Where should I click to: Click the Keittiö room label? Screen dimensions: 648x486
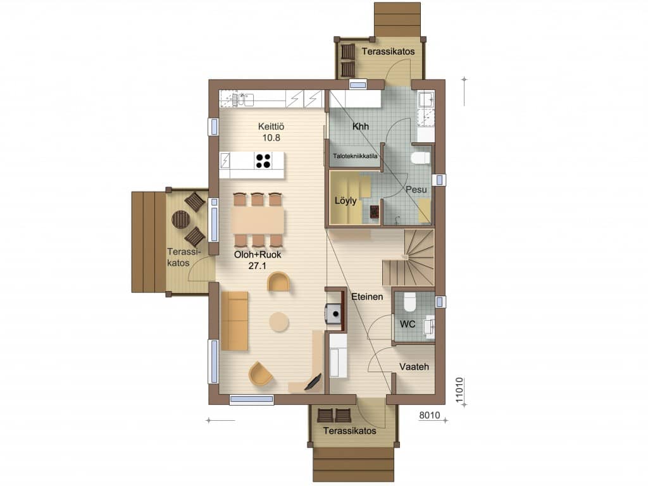pyautogui.click(x=271, y=127)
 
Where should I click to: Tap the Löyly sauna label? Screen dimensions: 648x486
pyautogui.click(x=346, y=201)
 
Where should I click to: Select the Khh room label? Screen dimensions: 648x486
pyautogui.click(x=360, y=127)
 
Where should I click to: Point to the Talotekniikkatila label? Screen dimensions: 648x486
pyautogui.click(x=355, y=156)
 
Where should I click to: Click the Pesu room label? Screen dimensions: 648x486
pyautogui.click(x=416, y=190)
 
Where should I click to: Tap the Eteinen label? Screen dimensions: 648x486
pyautogui.click(x=367, y=297)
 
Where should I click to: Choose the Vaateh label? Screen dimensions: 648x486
pyautogui.click(x=414, y=366)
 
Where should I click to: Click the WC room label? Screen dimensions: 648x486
pyautogui.click(x=408, y=325)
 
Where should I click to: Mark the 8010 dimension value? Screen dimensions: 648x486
pyautogui.click(x=430, y=415)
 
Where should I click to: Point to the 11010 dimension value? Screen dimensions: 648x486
pyautogui.click(x=459, y=390)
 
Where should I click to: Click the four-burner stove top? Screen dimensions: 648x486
pyautogui.click(x=263, y=161)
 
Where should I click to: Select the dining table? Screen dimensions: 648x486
pyautogui.click(x=258, y=220)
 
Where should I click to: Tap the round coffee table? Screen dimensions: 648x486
pyautogui.click(x=279, y=322)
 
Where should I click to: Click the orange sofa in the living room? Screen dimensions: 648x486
pyautogui.click(x=235, y=321)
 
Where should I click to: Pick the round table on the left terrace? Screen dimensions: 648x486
pyautogui.click(x=180, y=220)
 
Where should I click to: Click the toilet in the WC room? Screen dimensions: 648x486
pyautogui.click(x=409, y=302)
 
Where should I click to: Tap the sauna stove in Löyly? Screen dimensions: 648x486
pyautogui.click(x=374, y=211)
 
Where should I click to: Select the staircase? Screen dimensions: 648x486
pyautogui.click(x=408, y=258)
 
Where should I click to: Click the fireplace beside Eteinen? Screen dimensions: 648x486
pyautogui.click(x=335, y=314)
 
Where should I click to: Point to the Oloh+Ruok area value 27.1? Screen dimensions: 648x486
pyautogui.click(x=257, y=266)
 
